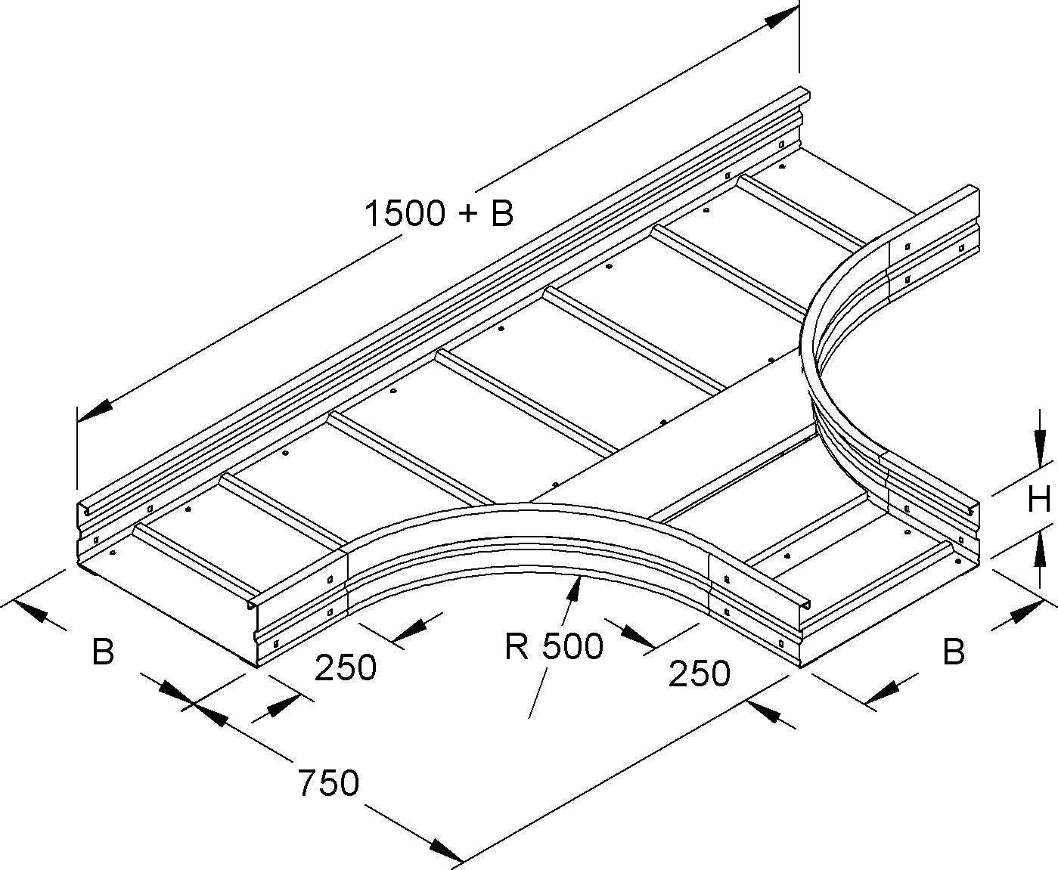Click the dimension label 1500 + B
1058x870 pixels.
point(439,214)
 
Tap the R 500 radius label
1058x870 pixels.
point(554,646)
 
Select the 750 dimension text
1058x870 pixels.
point(327,783)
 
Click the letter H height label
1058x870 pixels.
point(1039,499)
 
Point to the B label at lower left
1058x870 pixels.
point(103,651)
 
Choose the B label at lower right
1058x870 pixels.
point(954,651)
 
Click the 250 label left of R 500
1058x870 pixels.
point(345,667)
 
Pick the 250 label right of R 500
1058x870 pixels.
point(699,673)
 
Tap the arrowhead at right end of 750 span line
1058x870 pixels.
point(764,711)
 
